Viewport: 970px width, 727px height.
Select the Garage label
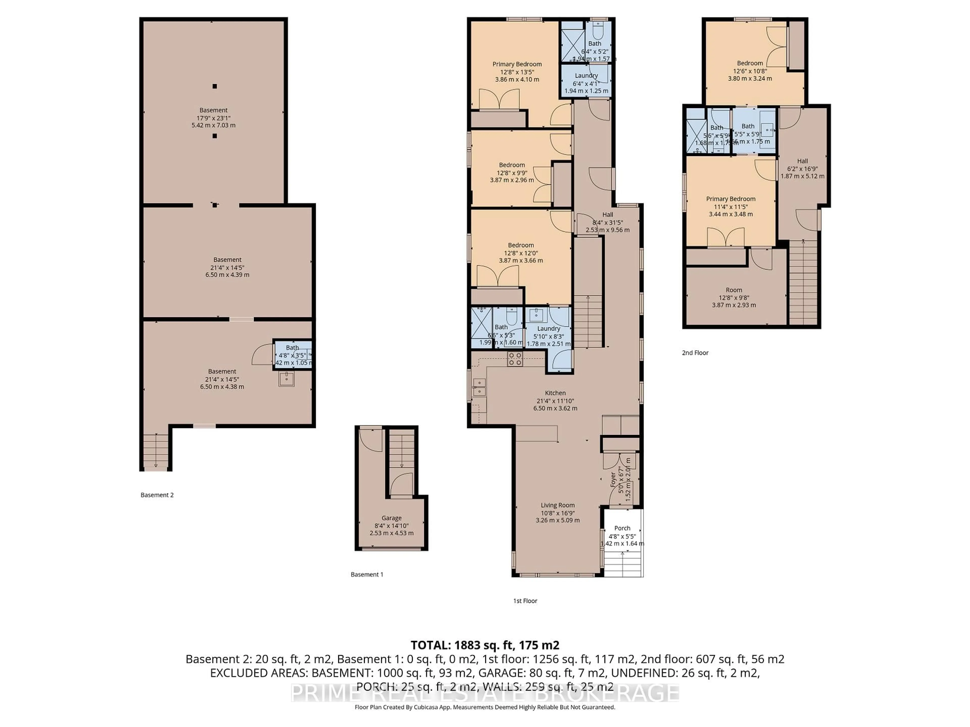(391, 518)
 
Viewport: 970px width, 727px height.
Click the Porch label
(622, 528)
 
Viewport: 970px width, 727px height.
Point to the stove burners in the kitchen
(515, 359)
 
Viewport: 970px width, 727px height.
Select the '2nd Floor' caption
(695, 353)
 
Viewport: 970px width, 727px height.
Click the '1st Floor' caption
(525, 601)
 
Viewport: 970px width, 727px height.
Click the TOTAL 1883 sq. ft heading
(484, 645)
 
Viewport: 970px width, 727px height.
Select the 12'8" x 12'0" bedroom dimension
(521, 253)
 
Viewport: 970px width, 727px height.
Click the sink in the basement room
(286, 379)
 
